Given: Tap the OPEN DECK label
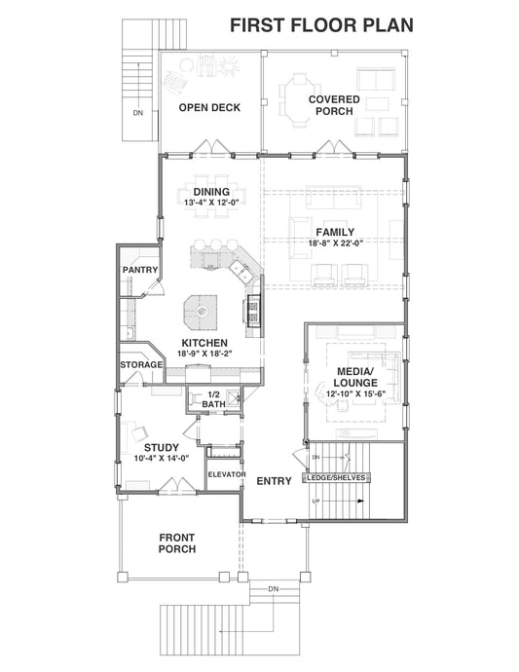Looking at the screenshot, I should click(209, 108).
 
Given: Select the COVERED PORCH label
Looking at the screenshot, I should click(333, 105).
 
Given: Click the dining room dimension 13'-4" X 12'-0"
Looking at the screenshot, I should click(211, 202).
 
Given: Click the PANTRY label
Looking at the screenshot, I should click(140, 269).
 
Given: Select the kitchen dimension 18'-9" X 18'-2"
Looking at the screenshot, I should click(203, 355).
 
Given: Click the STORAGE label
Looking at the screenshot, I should click(140, 364).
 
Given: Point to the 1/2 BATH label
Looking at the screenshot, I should click(212, 398).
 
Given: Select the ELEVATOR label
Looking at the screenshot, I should click(224, 474).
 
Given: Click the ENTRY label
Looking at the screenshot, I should click(274, 481).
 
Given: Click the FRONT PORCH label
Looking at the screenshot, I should click(177, 542).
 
